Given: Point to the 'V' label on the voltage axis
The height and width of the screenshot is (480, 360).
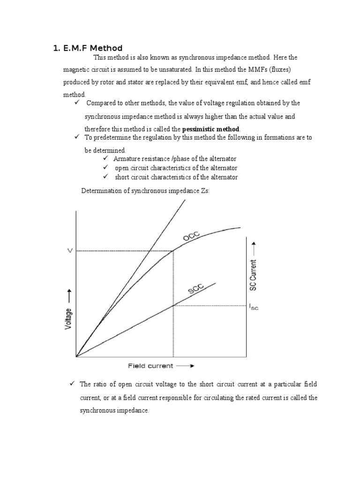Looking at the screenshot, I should (x=70, y=251).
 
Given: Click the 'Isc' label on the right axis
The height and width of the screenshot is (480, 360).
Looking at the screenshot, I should (x=253, y=307).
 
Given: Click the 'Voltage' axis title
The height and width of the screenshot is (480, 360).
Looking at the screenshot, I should (x=69, y=319).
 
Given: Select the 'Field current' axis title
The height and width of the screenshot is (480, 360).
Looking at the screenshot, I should (x=150, y=366).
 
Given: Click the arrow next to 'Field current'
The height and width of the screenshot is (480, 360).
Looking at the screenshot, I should (x=185, y=366).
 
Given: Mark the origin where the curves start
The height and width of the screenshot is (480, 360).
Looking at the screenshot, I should (x=76, y=356).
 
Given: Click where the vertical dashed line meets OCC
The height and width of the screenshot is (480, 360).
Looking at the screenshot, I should (x=174, y=251).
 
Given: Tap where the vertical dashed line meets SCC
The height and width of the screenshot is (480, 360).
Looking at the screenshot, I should (x=174, y=306).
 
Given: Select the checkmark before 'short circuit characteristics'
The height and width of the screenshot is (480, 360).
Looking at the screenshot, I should (x=105, y=177).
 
